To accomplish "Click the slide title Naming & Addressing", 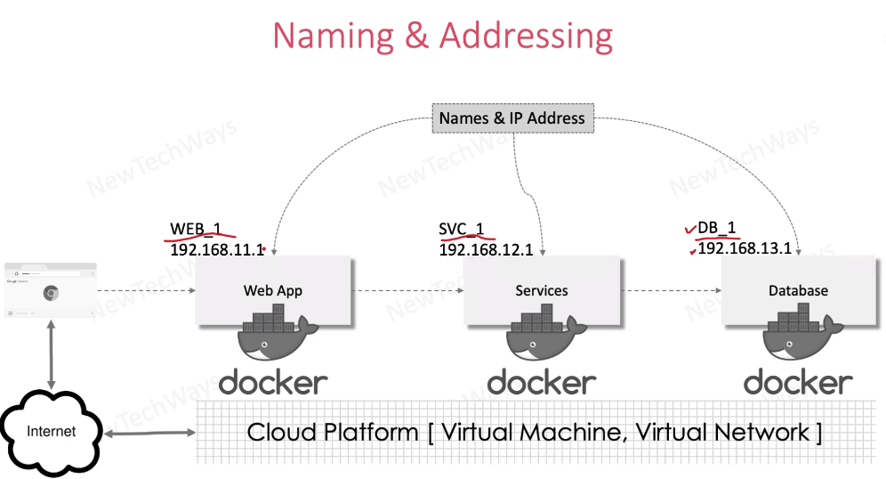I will (442, 36).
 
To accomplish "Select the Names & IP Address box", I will (511, 118).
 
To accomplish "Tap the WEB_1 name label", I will (195, 230).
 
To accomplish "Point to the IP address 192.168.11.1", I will (216, 250).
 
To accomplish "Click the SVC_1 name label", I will (461, 229).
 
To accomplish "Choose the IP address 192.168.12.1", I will (486, 250).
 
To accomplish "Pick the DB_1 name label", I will (717, 228).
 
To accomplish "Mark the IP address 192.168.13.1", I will (745, 248).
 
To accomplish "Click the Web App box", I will (273, 290).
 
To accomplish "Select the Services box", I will (541, 290).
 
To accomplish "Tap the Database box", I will (798, 290).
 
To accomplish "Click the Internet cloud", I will (52, 432).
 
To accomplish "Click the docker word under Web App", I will (273, 383).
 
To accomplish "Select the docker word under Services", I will (541, 383).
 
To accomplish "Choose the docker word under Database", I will (798, 383).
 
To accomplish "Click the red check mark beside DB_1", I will (689, 230).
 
